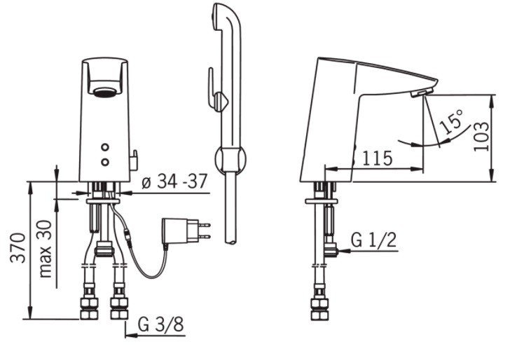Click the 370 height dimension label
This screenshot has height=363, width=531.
[x=18, y=247]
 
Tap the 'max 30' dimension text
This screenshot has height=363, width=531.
[x=46, y=249]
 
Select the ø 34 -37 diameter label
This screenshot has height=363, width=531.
[x=174, y=181]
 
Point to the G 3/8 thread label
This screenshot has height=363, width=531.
[x=161, y=324]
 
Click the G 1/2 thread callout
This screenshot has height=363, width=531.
[x=373, y=240]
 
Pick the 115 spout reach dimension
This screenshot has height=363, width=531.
[x=378, y=158]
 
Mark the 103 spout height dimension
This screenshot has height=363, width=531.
[x=481, y=136]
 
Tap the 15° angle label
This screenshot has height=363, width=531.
[x=450, y=121]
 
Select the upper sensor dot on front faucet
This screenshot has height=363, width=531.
[x=105, y=147]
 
